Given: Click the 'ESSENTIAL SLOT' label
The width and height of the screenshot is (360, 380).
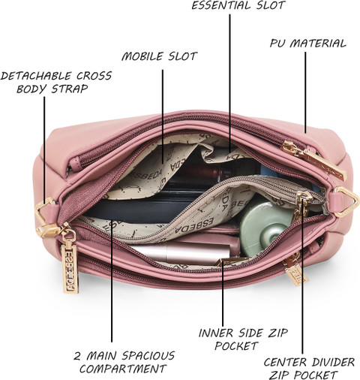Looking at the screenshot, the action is click(238, 5).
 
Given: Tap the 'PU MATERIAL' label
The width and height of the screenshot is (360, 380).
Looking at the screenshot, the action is click(308, 44).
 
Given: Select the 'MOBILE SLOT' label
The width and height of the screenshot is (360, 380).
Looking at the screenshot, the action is click(160, 56).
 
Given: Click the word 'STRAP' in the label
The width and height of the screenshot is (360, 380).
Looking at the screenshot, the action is click(70, 89).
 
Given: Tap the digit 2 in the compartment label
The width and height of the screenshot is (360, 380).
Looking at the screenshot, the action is click(77, 356).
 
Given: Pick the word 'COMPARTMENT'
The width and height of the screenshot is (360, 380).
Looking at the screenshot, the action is click(122, 369).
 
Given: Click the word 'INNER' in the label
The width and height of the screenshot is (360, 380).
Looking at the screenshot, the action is click(216, 333).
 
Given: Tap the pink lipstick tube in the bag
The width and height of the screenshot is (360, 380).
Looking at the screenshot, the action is click(182, 252).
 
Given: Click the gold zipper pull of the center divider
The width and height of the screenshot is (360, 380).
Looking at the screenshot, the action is click(301, 206).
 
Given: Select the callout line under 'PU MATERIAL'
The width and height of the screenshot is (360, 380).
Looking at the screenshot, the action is click(305, 92).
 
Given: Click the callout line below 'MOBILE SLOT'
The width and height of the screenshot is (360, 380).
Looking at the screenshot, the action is click(163, 116).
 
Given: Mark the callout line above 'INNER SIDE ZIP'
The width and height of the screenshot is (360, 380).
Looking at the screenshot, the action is click(223, 293).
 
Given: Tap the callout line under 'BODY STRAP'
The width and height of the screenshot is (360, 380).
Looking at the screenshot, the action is click(44, 151).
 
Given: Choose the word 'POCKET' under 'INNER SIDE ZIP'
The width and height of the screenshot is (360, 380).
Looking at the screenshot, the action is click(236, 346).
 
